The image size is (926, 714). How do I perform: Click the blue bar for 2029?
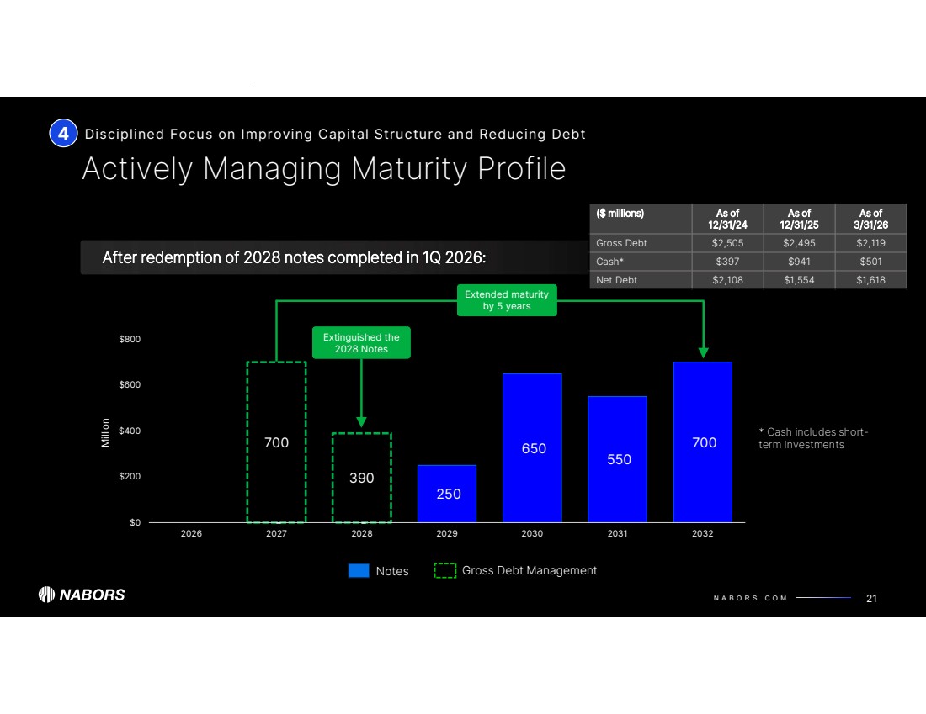pyautogui.click(x=447, y=494)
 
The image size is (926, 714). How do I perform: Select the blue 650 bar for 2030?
pyautogui.click(x=532, y=447)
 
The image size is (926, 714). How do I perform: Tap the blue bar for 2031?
pyautogui.click(x=617, y=459)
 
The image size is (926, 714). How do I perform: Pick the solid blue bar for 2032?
pyautogui.click(x=703, y=442)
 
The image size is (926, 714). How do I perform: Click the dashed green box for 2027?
pyautogui.click(x=276, y=442)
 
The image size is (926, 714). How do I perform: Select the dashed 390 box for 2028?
pyautogui.click(x=362, y=477)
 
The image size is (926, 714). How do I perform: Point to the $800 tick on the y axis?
pyautogui.click(x=129, y=340)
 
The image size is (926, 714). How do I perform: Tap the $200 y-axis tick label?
pyautogui.click(x=129, y=477)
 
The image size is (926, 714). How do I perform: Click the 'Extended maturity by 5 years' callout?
pyautogui.click(x=506, y=300)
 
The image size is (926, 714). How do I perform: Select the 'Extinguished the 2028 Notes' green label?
pyautogui.click(x=361, y=343)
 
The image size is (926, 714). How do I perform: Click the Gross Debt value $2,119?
pyautogui.click(x=871, y=243)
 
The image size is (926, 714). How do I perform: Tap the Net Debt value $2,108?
pyautogui.click(x=728, y=279)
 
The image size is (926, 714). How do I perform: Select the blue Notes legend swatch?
pyautogui.click(x=359, y=571)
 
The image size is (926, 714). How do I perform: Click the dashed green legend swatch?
pyautogui.click(x=445, y=571)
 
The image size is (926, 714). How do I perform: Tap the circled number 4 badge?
pyautogui.click(x=63, y=133)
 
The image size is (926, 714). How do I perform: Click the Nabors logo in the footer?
pyautogui.click(x=82, y=595)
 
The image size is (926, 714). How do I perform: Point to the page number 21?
pyautogui.click(x=871, y=598)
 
